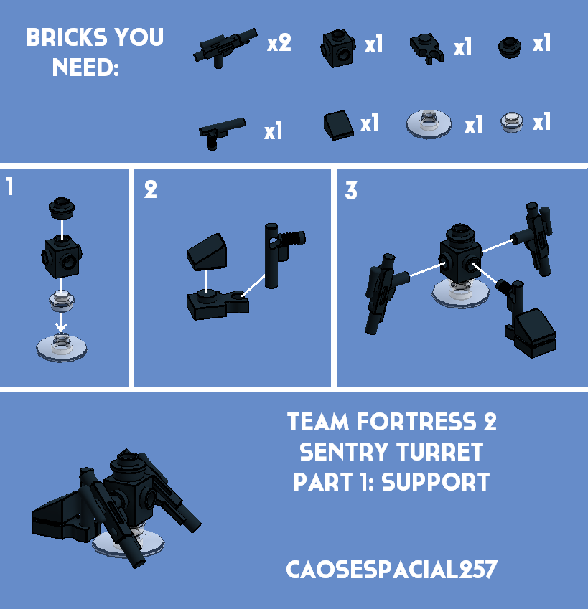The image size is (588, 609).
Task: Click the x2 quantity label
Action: coord(279,44)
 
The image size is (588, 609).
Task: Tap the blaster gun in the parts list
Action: coord(223,47)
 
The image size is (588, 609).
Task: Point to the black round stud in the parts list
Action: coord(510,47)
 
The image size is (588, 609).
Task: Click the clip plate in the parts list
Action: coord(428,49)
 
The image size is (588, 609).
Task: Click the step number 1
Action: coord(9,188)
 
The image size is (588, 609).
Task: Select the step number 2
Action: coord(150,190)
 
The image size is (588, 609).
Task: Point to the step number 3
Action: coord(350,192)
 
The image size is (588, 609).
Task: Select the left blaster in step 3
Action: coord(381,293)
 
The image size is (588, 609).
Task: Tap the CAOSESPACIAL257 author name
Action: coord(391,570)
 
